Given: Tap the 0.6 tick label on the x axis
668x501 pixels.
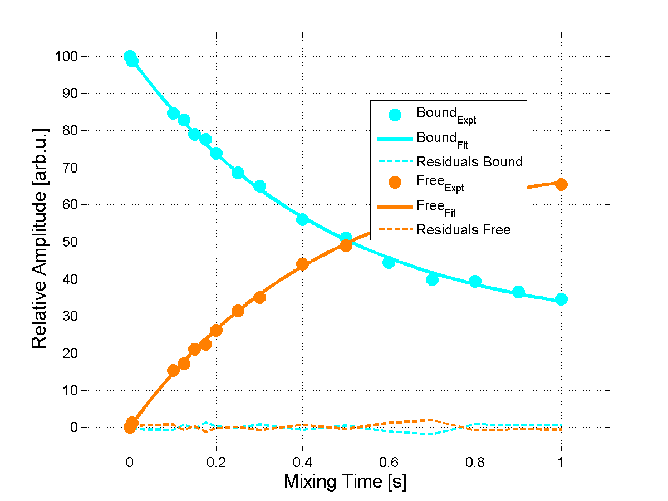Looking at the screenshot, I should click(389, 462).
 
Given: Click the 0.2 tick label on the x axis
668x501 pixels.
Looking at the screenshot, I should click(216, 462).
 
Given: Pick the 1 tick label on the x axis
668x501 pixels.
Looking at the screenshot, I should click(561, 462).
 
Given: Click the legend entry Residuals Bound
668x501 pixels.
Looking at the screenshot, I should click(469, 162).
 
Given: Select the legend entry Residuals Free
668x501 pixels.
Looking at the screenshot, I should click(463, 229).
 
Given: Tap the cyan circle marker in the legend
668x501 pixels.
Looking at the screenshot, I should click(395, 115).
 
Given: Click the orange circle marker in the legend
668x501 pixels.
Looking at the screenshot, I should click(395, 183).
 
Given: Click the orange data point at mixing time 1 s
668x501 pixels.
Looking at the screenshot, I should click(561, 184).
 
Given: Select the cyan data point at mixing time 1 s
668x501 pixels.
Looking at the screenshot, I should click(561, 299).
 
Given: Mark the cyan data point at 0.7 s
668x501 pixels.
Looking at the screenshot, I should click(432, 279).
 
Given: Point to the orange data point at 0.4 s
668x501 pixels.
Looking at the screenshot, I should click(302, 264).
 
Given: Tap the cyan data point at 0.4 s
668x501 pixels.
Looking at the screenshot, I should click(302, 219).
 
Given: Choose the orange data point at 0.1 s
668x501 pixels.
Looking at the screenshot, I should click(173, 370).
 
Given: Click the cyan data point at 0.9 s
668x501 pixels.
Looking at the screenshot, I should click(518, 292).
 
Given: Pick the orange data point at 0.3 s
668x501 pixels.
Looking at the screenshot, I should click(259, 297).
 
